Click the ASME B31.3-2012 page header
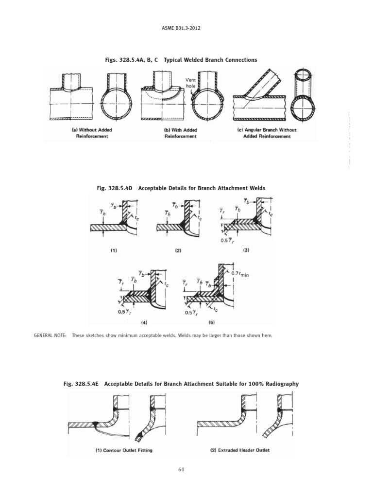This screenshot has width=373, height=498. (x=186, y=28)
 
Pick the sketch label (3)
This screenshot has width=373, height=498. (x=246, y=249)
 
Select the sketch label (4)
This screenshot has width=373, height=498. (x=144, y=322)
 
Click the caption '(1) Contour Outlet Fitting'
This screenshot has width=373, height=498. (x=124, y=450)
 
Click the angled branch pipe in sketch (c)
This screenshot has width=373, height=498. (x=258, y=83)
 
